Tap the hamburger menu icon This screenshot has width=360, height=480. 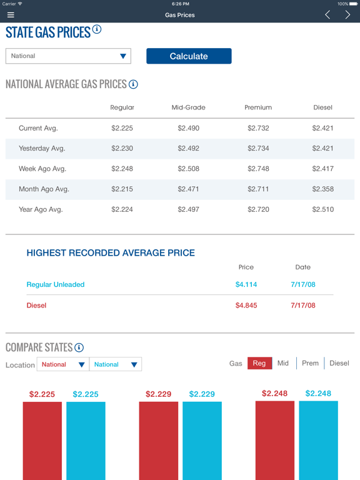click(11, 15)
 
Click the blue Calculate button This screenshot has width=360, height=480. click(189, 56)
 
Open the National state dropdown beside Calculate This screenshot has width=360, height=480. click(68, 56)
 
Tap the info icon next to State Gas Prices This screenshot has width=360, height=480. click(97, 29)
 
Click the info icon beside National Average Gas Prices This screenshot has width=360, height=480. click(133, 84)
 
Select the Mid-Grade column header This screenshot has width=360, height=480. click(188, 107)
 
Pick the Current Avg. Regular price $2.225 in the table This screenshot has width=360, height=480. click(122, 128)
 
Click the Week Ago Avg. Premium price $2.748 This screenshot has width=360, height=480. click(258, 169)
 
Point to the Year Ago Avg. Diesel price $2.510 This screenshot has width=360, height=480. click(322, 209)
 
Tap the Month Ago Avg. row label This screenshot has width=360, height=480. click(44, 189)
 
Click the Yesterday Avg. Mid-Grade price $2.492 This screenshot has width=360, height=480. click(188, 149)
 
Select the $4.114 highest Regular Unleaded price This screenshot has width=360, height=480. click(246, 284)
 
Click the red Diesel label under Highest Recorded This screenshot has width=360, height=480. click(36, 306)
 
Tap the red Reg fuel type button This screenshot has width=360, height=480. click(259, 363)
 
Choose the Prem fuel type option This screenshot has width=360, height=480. click(310, 363)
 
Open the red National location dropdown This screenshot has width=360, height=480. click(62, 364)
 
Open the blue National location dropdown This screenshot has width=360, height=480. click(116, 364)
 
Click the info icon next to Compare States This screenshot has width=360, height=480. click(79, 347)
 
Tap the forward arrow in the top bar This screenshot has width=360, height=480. click(347, 15)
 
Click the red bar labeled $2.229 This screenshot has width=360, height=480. click(158, 441)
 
